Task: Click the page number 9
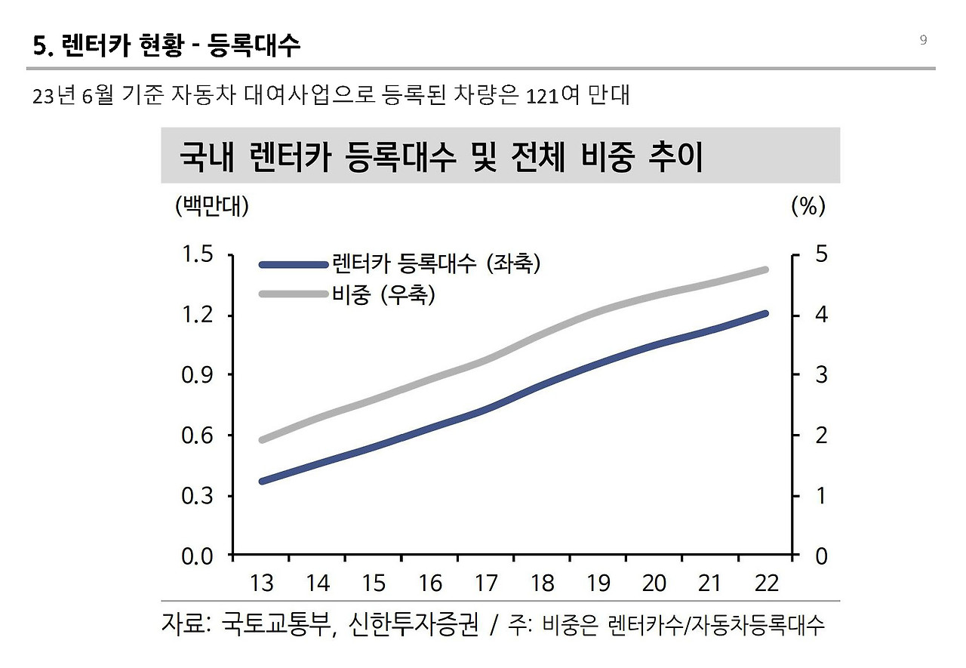click(x=923, y=40)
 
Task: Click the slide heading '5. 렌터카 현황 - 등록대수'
click(x=167, y=46)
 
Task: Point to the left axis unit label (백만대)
click(x=211, y=205)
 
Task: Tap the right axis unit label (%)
click(x=808, y=205)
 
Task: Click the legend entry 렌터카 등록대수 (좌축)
click(x=435, y=263)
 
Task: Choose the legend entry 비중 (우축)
click(x=383, y=294)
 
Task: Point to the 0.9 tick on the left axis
click(x=197, y=375)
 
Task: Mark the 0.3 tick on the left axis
click(x=197, y=496)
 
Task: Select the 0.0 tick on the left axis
click(x=197, y=556)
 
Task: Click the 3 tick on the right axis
click(x=821, y=375)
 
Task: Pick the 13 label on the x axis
click(x=262, y=583)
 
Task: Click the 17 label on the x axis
click(x=486, y=583)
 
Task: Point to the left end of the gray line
click(x=262, y=440)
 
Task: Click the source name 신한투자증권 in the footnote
click(x=414, y=625)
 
